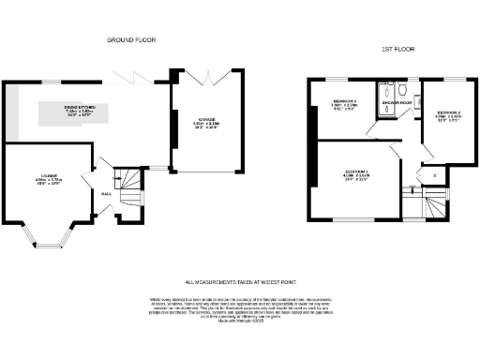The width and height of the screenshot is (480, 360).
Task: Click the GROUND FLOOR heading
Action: point(130,40)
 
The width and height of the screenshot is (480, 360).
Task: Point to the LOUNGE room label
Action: point(48,181)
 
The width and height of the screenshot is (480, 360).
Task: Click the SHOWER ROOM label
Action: point(396,118)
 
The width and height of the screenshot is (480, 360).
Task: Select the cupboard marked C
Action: point(435,174)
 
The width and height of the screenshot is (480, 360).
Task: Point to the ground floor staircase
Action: point(131,187)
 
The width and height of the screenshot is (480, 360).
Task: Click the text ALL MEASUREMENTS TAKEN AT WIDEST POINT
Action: point(238,281)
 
